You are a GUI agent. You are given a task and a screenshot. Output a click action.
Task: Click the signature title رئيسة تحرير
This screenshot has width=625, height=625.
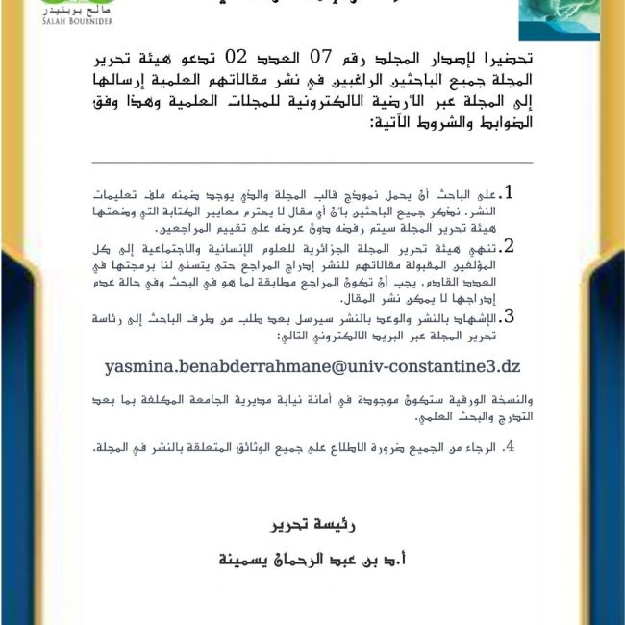tap(302, 525)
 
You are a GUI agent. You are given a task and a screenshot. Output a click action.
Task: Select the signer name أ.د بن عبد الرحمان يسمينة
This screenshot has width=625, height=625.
tap(301, 559)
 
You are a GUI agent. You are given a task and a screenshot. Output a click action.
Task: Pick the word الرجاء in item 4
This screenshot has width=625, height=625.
tap(479, 448)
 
